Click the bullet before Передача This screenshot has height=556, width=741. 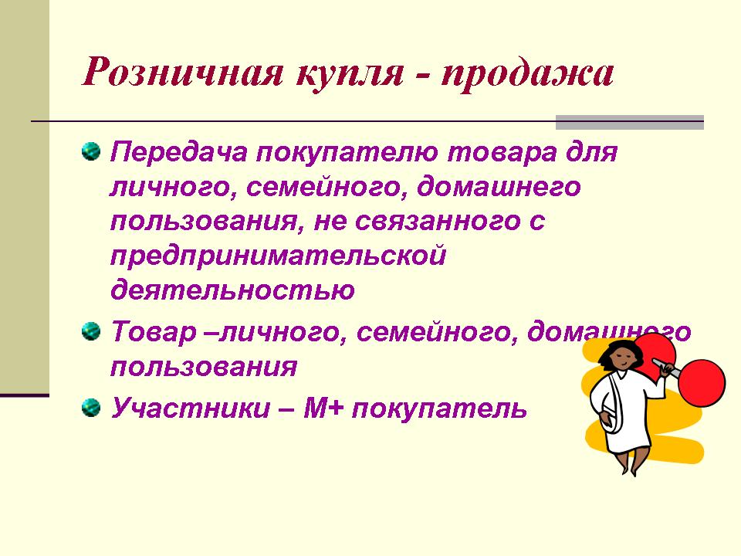click(x=91, y=151)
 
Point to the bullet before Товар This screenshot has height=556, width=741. click(x=91, y=331)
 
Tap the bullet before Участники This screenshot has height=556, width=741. click(x=91, y=408)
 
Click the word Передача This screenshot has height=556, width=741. click(x=179, y=153)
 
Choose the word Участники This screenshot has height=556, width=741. click(x=191, y=409)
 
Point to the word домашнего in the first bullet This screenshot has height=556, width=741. click(x=499, y=188)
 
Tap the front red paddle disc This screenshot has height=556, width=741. click(x=701, y=383)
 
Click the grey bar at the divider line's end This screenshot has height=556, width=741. click(x=630, y=123)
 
